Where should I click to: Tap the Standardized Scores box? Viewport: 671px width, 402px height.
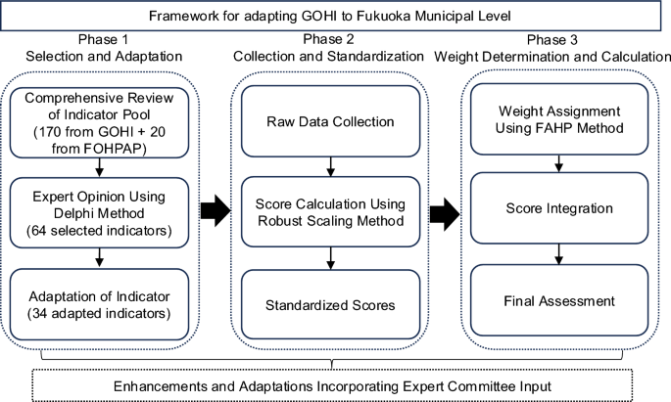pos(331,305)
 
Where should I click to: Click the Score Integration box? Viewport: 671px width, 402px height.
pos(559,208)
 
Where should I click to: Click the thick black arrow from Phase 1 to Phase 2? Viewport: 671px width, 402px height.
pos(213,208)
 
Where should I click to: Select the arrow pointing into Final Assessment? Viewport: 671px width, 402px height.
pos(559,252)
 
